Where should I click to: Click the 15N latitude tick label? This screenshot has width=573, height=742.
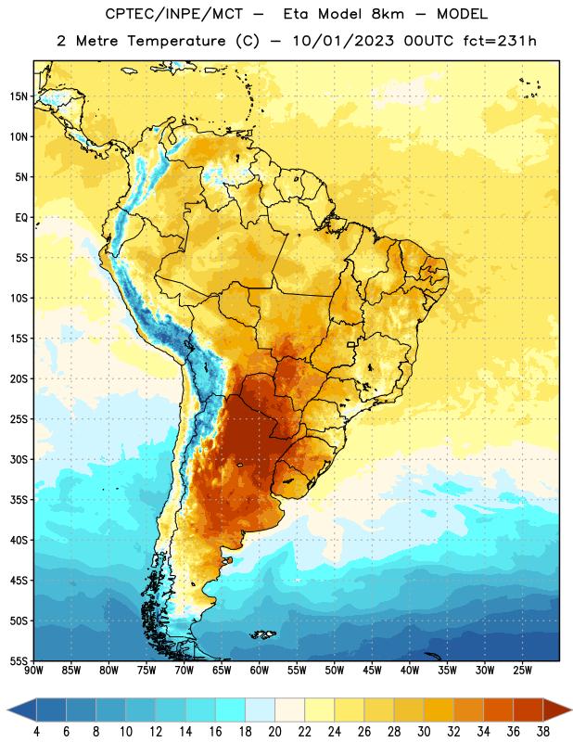pyautogui.click(x=19, y=96)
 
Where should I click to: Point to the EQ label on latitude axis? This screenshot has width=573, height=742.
pyautogui.click(x=21, y=218)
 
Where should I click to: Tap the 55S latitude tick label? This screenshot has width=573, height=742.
pyautogui.click(x=19, y=661)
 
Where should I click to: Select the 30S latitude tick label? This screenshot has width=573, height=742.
pyautogui.click(x=19, y=459)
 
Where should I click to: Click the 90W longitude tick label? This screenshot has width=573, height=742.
pyautogui.click(x=33, y=671)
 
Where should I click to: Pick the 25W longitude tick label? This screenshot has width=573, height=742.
pyautogui.click(x=522, y=671)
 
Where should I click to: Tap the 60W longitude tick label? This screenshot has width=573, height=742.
pyautogui.click(x=260, y=671)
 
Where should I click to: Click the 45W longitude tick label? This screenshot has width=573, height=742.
pyautogui.click(x=372, y=671)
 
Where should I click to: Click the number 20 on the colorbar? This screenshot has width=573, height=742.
pyautogui.click(x=274, y=732)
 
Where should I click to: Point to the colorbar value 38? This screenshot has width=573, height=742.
pyautogui.click(x=543, y=732)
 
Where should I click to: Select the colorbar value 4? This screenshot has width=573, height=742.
pyautogui.click(x=36, y=732)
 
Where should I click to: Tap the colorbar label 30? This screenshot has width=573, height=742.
pyautogui.click(x=424, y=732)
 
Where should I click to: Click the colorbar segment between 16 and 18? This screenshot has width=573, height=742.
pyautogui.click(x=231, y=710)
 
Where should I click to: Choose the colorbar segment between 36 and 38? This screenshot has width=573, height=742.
pyautogui.click(x=528, y=710)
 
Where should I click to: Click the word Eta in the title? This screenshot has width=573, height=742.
pyautogui.click(x=296, y=14)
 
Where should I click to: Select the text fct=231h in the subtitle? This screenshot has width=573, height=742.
pyautogui.click(x=500, y=41)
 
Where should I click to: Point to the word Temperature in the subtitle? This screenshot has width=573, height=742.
pyautogui.click(x=176, y=41)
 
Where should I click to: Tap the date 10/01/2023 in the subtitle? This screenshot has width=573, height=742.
pyautogui.click(x=343, y=41)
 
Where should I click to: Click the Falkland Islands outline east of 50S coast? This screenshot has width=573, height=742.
pyautogui.click(x=262, y=634)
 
